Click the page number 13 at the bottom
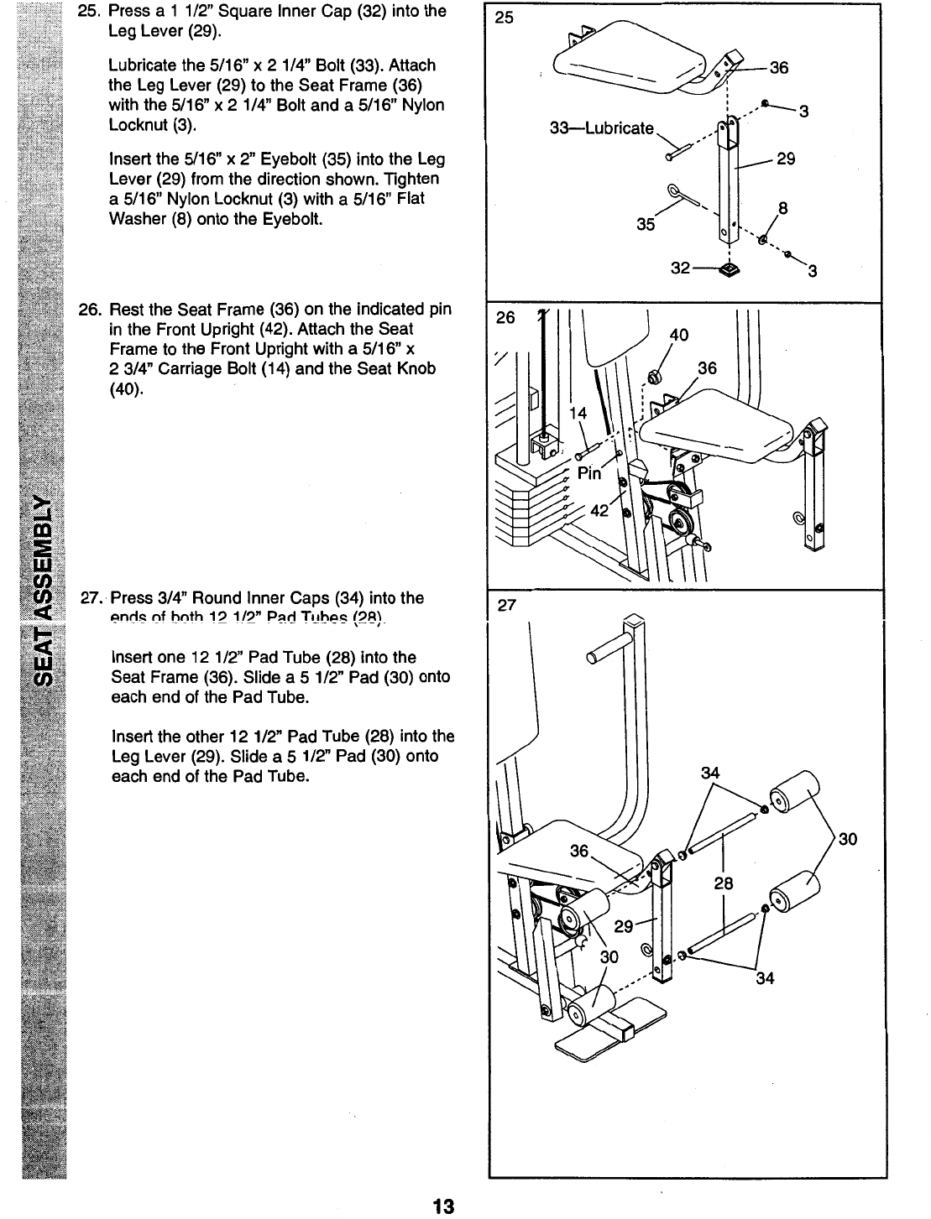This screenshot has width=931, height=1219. tap(442, 1206)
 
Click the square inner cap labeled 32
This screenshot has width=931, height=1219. tap(727, 269)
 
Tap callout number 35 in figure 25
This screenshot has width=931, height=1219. tap(646, 224)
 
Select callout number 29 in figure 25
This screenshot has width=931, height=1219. tap(786, 158)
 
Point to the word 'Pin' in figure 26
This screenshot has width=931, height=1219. tap(589, 473)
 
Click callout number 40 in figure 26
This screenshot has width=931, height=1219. tap(678, 336)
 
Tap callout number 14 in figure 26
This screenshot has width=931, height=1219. tap(578, 412)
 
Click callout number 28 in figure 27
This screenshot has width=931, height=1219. tap(724, 883)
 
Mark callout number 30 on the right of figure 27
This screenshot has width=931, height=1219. tap(847, 838)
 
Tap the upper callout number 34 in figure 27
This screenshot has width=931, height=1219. tap(710, 772)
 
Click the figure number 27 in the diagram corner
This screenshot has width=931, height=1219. tap(505, 607)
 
